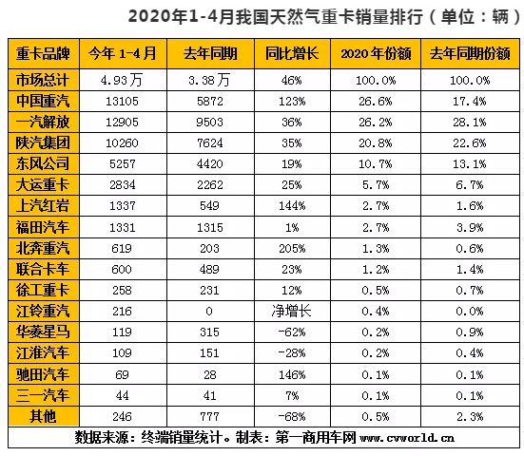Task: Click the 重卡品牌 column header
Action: tap(43, 53)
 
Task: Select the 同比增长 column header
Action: tap(292, 53)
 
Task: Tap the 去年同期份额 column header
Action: tap(470, 53)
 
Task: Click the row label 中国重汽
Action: tap(43, 101)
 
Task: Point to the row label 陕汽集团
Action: tap(43, 142)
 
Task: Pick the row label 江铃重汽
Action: tap(43, 311)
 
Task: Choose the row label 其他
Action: tap(43, 416)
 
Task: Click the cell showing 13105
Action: tap(122, 101)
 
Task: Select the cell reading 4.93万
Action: tap(122, 80)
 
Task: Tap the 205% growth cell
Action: tap(292, 249)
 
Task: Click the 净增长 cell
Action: tap(291, 311)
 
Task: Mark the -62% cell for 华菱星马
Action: tap(291, 332)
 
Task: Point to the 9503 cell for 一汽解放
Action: tap(209, 123)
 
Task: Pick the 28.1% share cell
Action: tap(470, 123)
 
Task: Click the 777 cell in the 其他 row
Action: tap(209, 417)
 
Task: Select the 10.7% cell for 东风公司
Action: tap(376, 164)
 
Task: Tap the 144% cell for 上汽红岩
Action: tap(292, 206)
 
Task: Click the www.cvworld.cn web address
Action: tap(407, 438)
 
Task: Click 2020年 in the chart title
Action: tap(158, 17)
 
